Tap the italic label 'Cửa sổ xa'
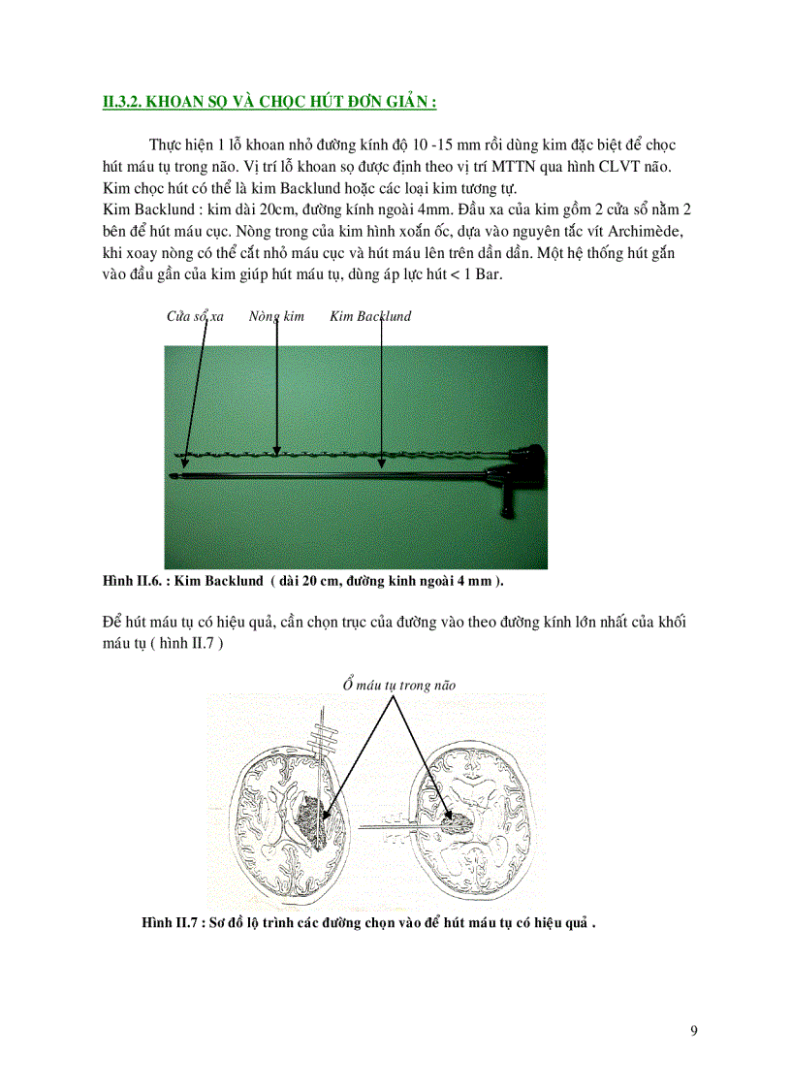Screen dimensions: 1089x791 coord(195,316)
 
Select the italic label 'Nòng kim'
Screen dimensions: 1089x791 coord(276,316)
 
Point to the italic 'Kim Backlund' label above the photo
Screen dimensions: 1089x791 coord(370,316)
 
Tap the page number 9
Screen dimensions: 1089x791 coord(693,1031)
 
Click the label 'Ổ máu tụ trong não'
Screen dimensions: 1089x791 coord(398,685)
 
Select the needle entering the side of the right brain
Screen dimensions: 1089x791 coord(393,827)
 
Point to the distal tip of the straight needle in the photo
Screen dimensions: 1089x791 coord(174,475)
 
